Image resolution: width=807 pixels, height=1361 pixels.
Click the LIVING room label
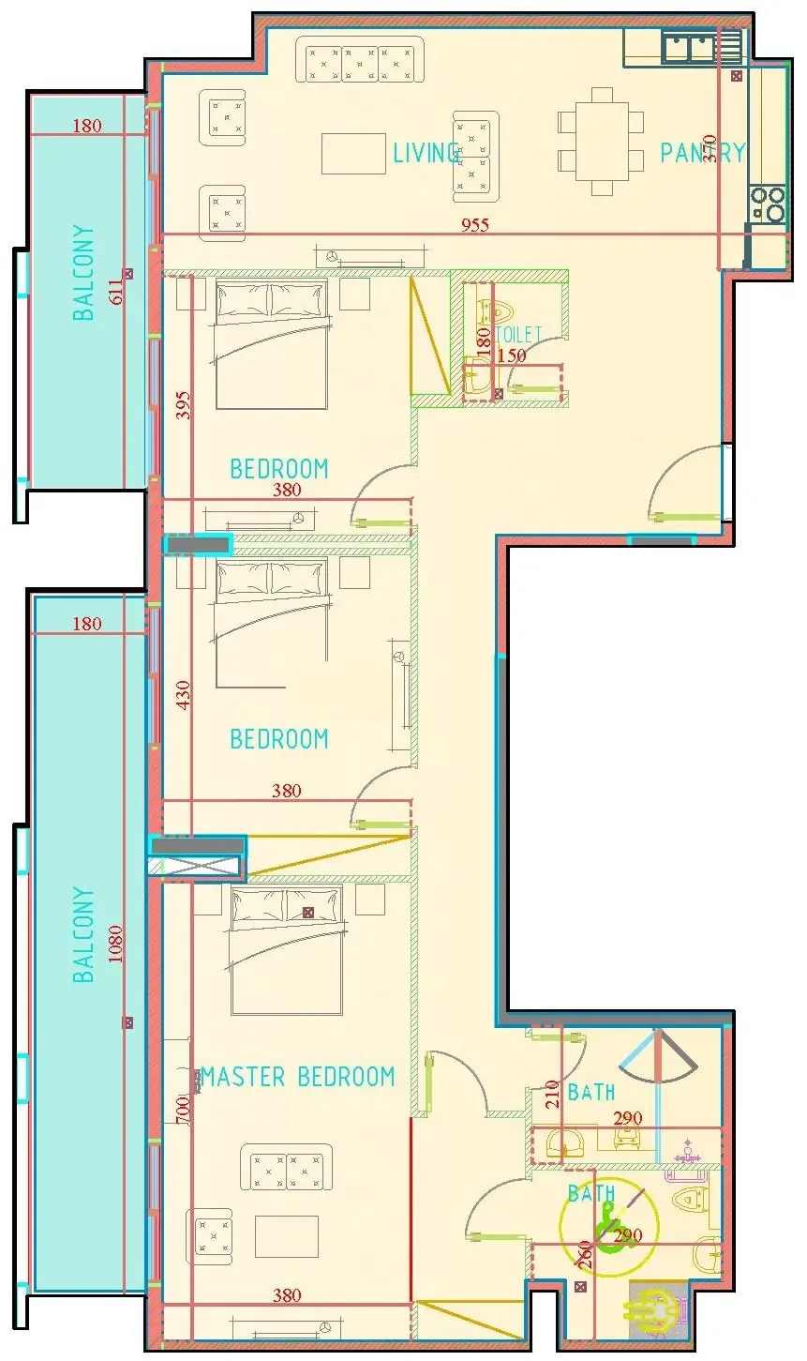[426, 153]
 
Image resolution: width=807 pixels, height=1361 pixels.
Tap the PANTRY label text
[702, 153]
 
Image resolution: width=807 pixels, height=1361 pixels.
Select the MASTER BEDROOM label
[297, 1077]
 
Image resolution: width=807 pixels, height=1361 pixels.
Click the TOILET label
[519, 334]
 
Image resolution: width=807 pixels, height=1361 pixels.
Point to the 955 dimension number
[474, 225]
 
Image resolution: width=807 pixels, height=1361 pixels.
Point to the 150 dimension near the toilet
[512, 355]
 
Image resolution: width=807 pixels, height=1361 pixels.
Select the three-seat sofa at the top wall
[360, 60]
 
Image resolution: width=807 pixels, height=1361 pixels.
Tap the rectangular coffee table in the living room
[353, 154]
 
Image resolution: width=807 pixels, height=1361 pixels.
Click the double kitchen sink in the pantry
[689, 46]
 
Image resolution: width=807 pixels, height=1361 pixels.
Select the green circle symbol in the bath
[609, 1227]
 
